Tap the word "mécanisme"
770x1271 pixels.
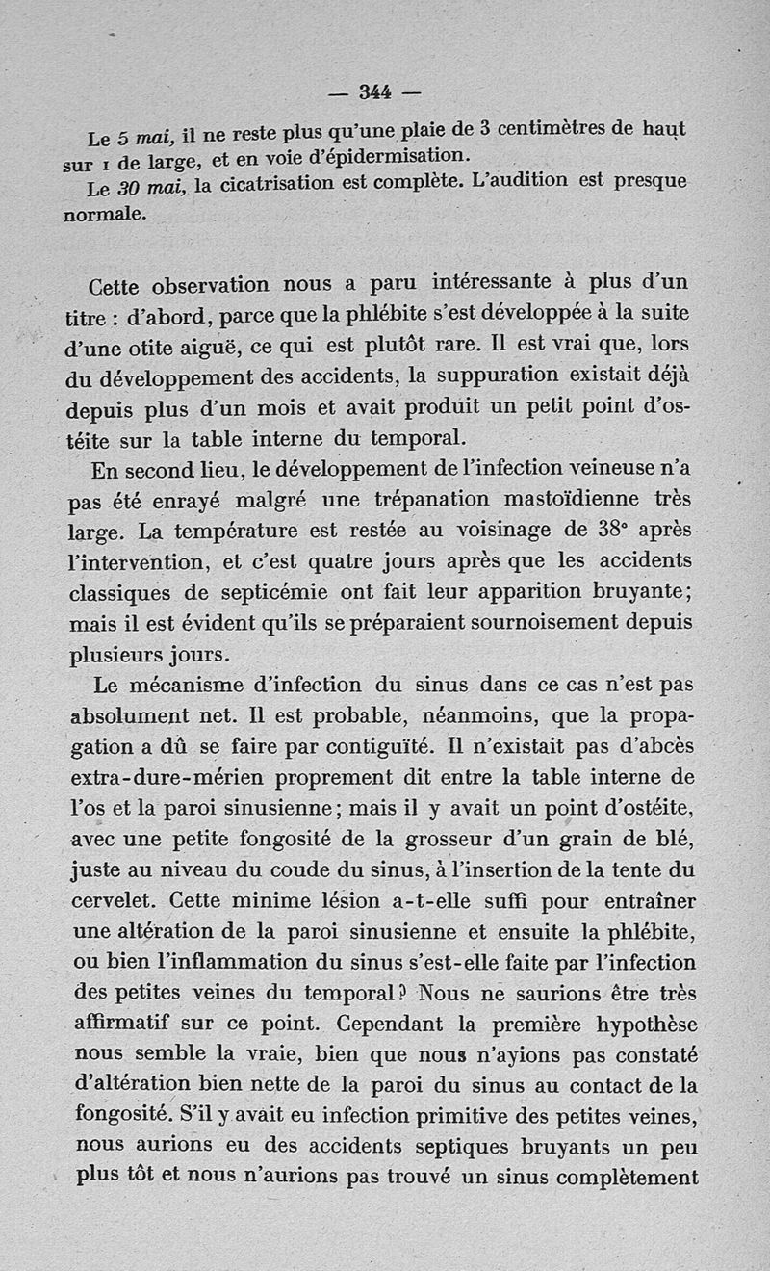click(190, 686)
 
